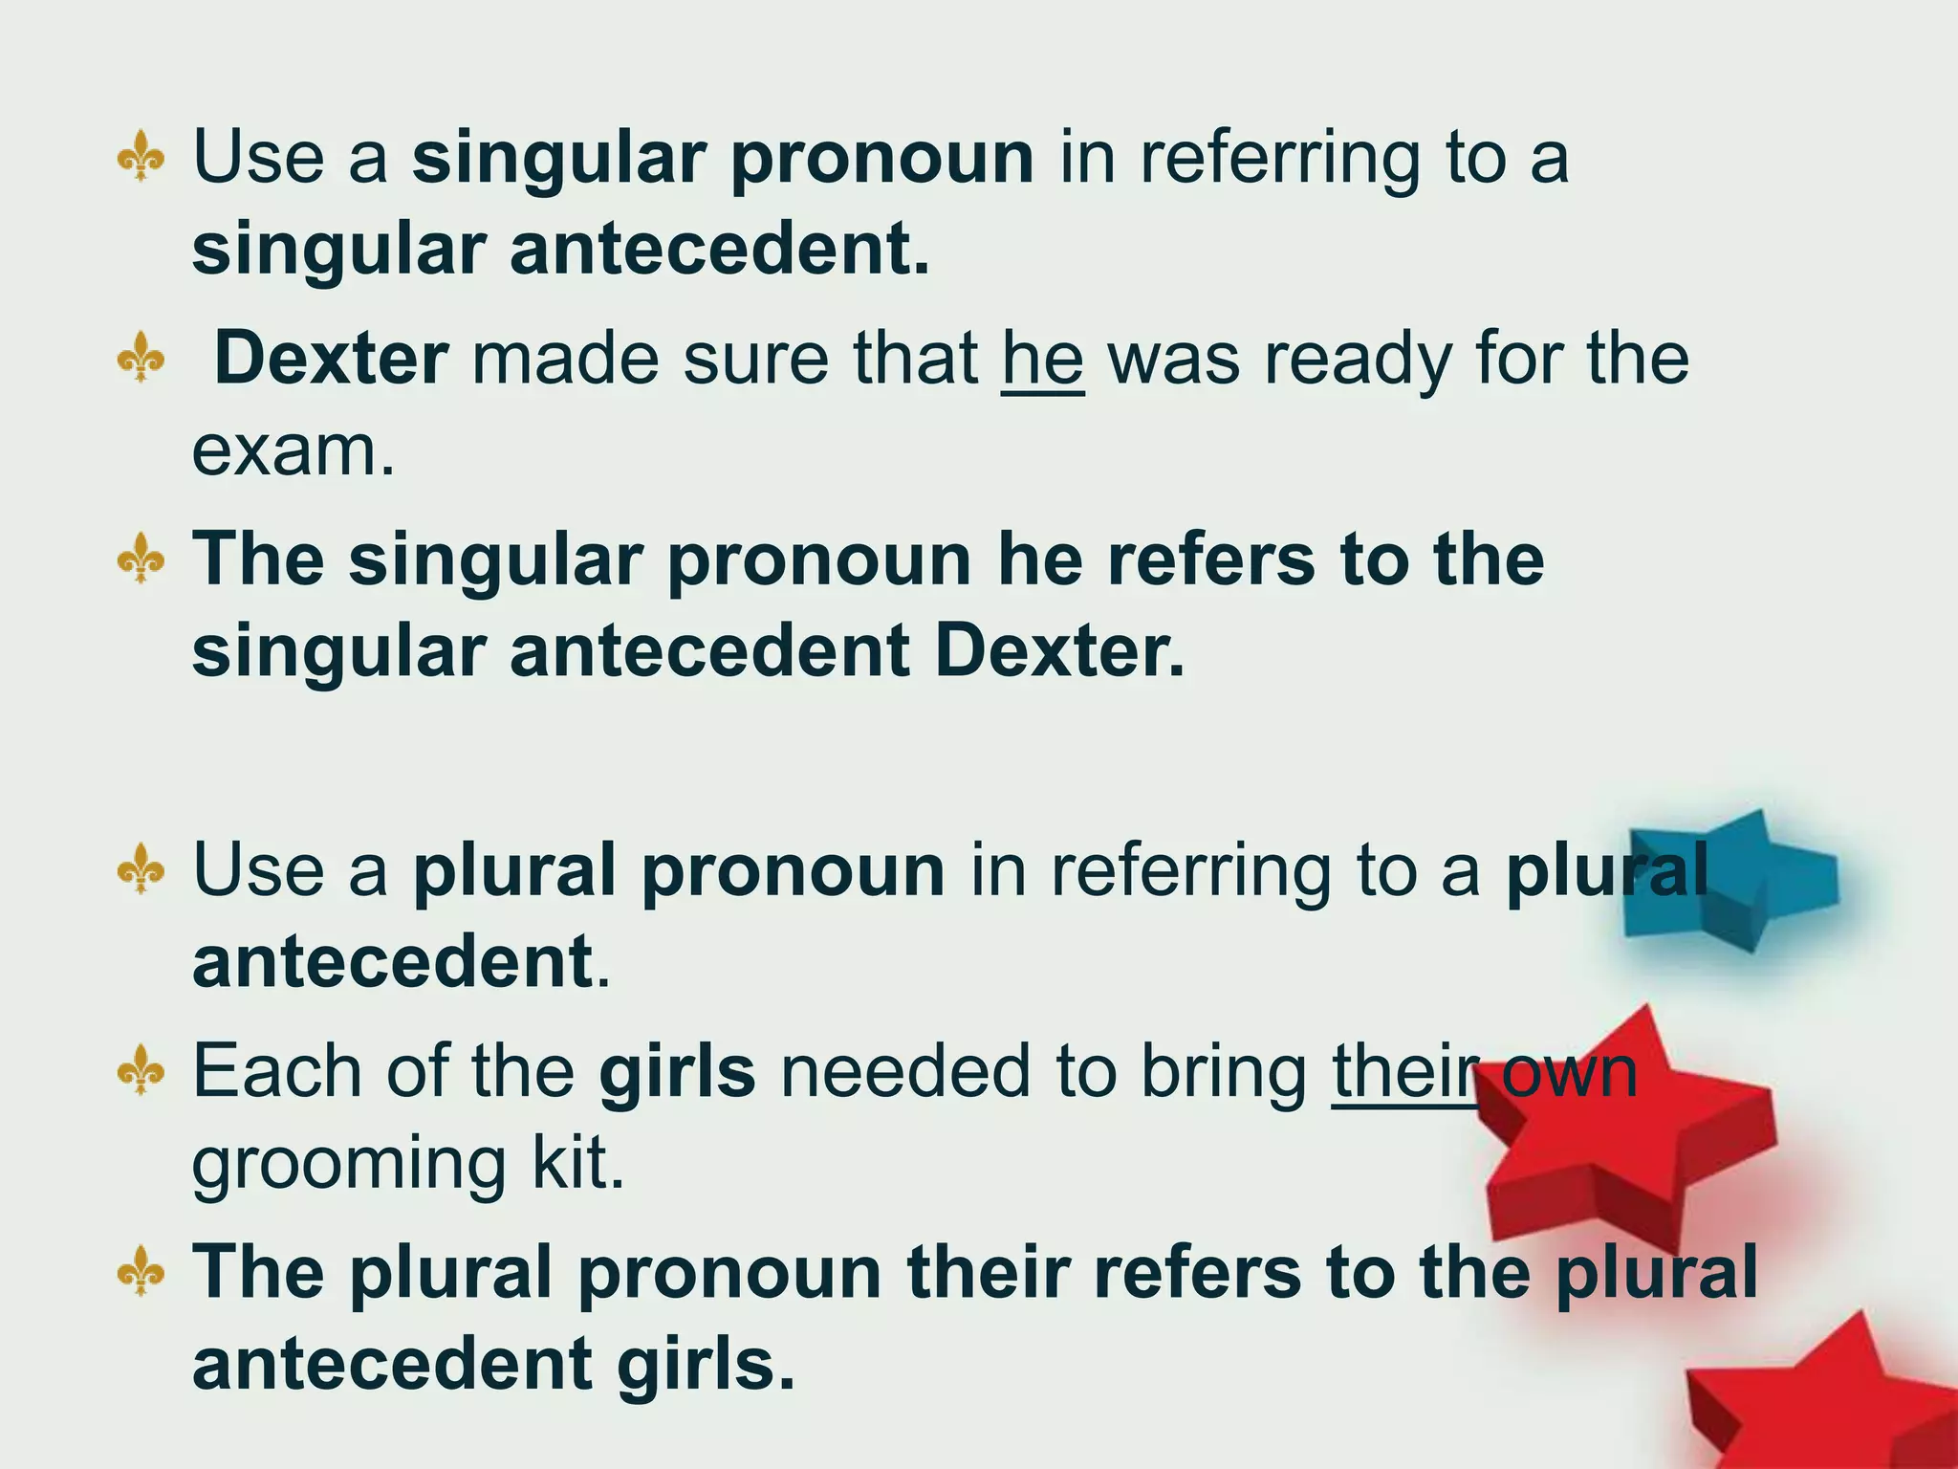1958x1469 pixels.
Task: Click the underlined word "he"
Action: (1042, 361)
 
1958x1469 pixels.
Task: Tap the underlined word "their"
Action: (1403, 1073)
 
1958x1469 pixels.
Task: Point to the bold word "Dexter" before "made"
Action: (331, 361)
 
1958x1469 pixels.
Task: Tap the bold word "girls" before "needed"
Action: (677, 1073)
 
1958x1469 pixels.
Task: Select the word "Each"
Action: (277, 1073)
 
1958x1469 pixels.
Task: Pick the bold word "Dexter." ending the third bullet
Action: (1059, 653)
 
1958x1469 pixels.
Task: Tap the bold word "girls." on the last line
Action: (706, 1366)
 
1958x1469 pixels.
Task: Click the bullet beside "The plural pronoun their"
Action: (141, 1271)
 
